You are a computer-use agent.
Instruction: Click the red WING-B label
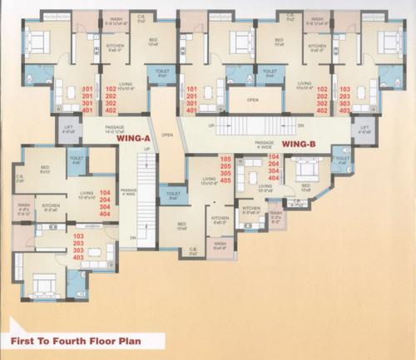(x=296, y=143)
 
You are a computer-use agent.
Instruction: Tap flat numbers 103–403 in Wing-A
(x=79, y=247)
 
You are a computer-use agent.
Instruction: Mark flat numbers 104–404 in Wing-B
(x=273, y=167)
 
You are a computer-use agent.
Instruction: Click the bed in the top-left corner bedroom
(x=37, y=37)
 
